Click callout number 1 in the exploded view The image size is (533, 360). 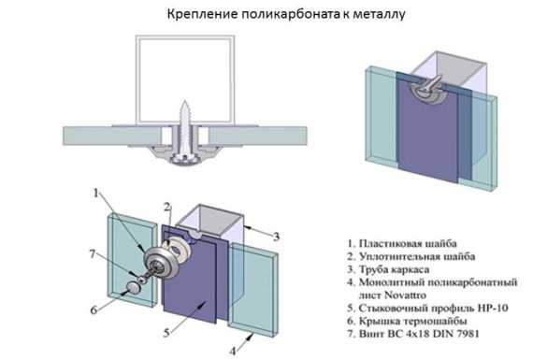[96, 193]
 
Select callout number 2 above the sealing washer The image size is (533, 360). [166, 207]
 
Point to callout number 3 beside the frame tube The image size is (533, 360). [277, 237]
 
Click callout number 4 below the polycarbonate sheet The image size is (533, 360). [233, 351]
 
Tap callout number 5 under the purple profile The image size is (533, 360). [166, 333]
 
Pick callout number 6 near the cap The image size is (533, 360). [94, 310]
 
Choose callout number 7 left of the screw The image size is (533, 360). [93, 253]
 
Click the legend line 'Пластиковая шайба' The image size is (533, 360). [402, 243]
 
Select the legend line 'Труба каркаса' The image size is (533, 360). [389, 269]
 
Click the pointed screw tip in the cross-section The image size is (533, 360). [184, 101]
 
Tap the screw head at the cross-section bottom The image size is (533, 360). [184, 159]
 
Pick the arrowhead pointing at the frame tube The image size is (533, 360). [247, 225]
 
